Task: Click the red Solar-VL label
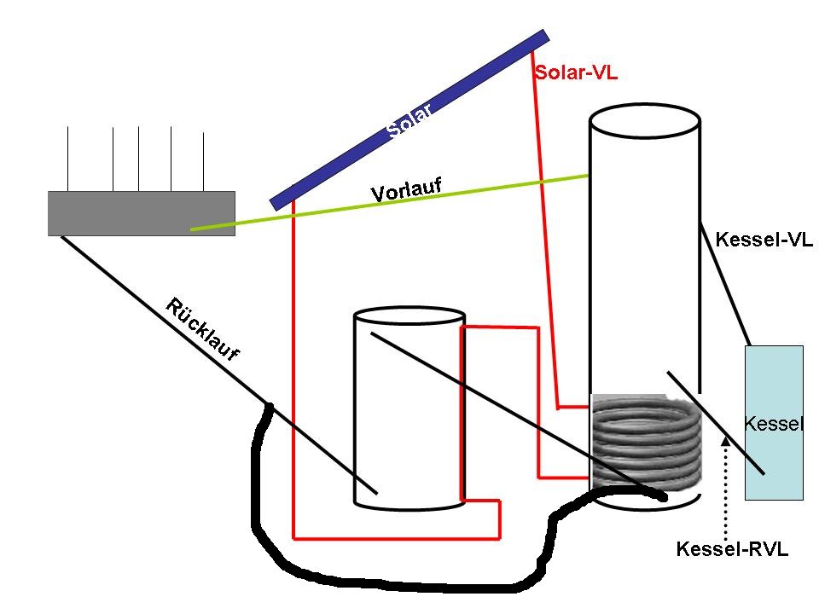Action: coord(576,73)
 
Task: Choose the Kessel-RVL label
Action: coord(731,550)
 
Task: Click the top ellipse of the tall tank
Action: coord(645,120)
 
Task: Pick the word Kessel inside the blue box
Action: coord(774,424)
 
